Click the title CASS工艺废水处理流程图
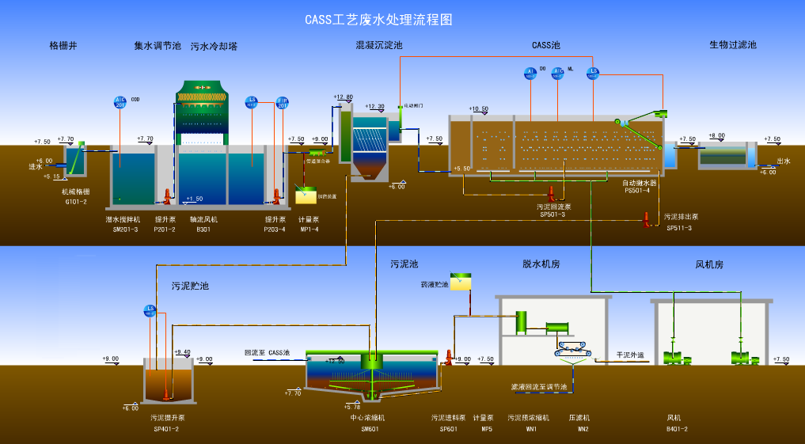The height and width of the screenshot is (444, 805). [x=378, y=18]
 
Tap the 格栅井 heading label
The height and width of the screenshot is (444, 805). [x=63, y=46]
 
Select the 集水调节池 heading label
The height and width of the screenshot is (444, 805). [x=158, y=46]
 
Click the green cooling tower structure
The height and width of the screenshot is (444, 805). [x=201, y=106]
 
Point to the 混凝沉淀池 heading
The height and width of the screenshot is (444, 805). [x=378, y=46]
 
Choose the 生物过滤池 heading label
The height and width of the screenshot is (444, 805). [x=732, y=45]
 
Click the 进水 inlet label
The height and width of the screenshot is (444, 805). [x=35, y=166]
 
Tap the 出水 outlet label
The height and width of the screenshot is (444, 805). [x=784, y=161]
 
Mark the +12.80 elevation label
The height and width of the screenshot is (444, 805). [x=344, y=97]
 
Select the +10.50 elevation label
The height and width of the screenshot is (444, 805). [x=479, y=109]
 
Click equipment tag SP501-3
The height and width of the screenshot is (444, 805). [x=552, y=214]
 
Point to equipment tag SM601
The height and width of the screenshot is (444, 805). [x=370, y=430]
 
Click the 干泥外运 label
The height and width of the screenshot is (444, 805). [x=630, y=355]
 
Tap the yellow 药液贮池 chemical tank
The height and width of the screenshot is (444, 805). [x=461, y=280]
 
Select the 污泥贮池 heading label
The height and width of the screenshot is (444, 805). [x=191, y=286]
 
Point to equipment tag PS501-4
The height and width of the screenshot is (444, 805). [x=637, y=190]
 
